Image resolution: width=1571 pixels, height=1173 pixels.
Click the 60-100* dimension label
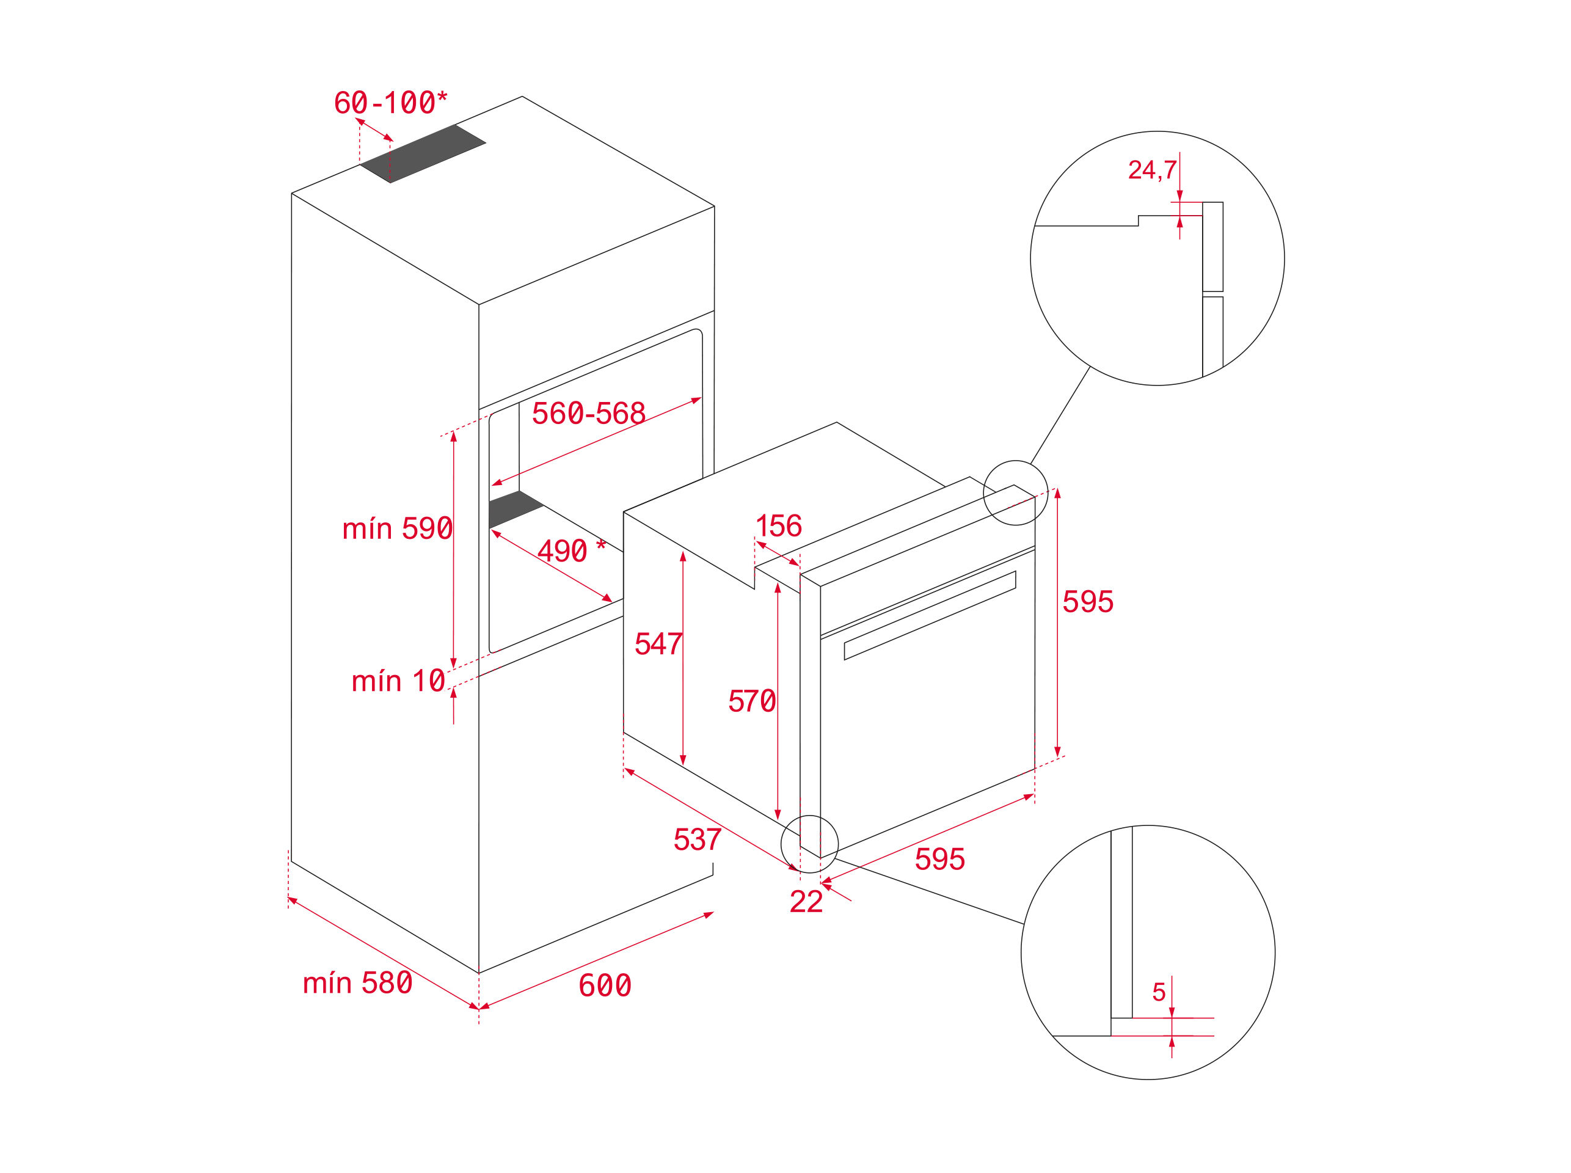[x=390, y=103]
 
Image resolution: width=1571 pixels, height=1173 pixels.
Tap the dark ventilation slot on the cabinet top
[x=423, y=153]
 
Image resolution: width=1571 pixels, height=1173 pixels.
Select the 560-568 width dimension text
[x=588, y=413]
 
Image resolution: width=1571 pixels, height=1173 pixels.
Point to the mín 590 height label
[x=397, y=529]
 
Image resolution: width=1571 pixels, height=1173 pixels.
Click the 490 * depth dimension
[x=570, y=551]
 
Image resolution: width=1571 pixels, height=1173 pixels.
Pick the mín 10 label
[x=398, y=682]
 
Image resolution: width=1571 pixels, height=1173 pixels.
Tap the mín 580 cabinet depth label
[x=357, y=984]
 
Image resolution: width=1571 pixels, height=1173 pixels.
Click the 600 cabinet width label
[x=605, y=985]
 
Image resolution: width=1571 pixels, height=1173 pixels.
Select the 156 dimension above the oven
[x=778, y=526]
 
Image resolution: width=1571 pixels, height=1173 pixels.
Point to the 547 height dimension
[x=657, y=644]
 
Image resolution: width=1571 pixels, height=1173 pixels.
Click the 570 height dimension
[x=751, y=701]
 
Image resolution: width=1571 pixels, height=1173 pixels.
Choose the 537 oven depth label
[x=696, y=840]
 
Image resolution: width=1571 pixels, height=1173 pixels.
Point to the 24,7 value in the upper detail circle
[x=1151, y=170]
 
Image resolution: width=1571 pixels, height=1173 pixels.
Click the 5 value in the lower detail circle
[x=1159, y=992]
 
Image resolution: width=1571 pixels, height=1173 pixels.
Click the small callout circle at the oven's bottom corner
[x=809, y=844]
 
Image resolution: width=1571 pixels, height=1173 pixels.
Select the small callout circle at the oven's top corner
[x=1015, y=493]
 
